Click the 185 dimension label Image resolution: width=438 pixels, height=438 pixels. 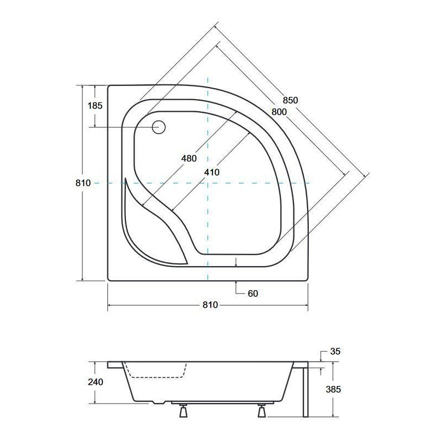point(95,106)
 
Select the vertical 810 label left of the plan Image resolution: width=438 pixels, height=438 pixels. point(83,183)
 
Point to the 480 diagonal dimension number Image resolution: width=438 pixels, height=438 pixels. point(188,159)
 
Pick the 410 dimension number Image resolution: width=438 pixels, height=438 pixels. point(211,172)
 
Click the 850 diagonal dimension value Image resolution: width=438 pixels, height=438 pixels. point(290,100)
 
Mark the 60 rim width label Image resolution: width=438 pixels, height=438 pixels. point(252,293)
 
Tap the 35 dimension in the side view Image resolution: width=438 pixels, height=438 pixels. point(336,351)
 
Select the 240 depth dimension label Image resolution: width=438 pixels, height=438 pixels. point(95,382)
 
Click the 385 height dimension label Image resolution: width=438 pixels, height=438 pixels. point(333,390)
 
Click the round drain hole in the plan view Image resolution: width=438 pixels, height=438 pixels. point(159,127)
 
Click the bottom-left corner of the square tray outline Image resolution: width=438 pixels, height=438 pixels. point(108,280)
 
